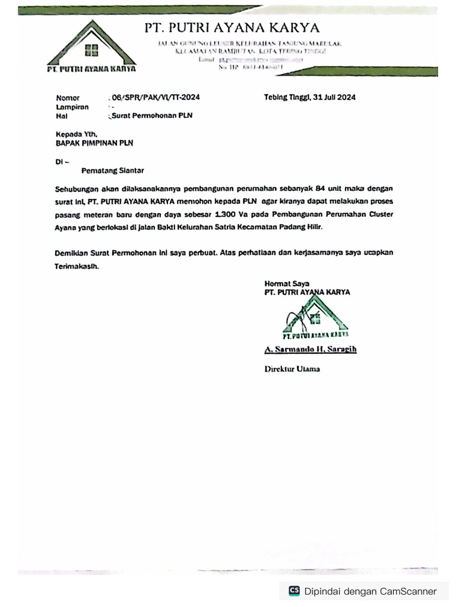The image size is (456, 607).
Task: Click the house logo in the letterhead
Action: [x=91, y=46]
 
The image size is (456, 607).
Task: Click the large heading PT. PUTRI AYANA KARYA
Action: [x=232, y=28]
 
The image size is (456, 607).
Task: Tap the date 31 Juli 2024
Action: [x=333, y=97]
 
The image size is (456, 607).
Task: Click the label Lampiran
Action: [x=72, y=107]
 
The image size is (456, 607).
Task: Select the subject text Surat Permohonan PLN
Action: [x=152, y=116]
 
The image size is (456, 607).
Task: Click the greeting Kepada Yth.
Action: [x=75, y=134]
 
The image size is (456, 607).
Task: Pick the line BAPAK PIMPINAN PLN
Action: [x=94, y=143]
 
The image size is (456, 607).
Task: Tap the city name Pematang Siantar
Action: [x=113, y=171]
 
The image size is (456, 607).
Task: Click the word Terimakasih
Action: [x=77, y=267]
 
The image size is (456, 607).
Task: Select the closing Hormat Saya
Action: [x=287, y=283]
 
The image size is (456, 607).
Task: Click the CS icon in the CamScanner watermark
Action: [x=294, y=590]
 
